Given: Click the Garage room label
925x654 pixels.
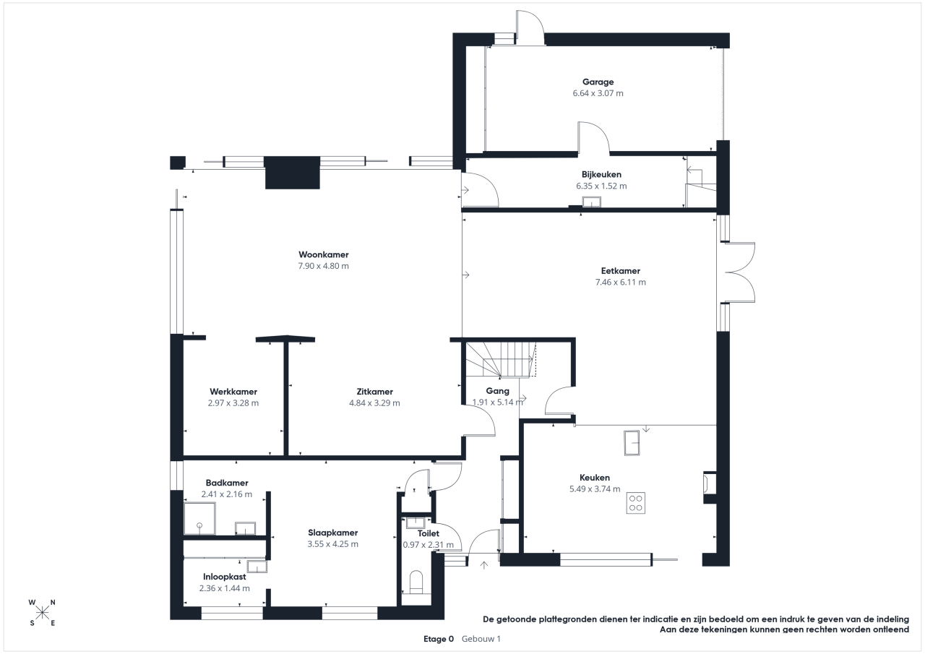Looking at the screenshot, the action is click(598, 82).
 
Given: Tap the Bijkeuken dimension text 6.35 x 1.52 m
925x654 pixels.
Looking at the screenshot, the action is click(601, 186).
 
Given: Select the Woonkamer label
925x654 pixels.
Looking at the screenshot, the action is click(324, 255).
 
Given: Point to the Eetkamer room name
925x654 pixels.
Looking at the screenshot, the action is click(621, 271).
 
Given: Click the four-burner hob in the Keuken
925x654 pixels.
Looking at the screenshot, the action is click(635, 503).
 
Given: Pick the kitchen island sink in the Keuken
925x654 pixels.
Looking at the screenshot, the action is click(632, 442).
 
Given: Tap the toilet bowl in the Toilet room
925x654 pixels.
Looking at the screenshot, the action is click(416, 582).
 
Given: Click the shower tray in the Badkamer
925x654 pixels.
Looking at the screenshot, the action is click(199, 519).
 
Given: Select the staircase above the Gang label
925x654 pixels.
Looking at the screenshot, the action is click(501, 359).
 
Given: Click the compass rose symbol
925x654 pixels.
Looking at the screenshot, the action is click(42, 613).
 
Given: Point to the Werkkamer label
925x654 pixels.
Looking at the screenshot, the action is click(233, 392).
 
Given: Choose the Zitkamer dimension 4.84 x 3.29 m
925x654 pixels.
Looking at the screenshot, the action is click(374, 403).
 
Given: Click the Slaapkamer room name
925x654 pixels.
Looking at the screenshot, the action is click(333, 533).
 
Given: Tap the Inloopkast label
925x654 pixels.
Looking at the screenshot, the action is click(224, 577).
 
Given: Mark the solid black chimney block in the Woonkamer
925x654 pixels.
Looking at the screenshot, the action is click(293, 173).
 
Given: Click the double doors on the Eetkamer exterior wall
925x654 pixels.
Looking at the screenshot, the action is click(740, 272).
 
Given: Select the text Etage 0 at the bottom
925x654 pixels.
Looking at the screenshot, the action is click(439, 639).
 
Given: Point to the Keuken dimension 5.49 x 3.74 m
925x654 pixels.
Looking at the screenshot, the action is click(595, 489).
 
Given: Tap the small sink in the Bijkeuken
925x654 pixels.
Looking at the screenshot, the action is click(591, 202).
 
